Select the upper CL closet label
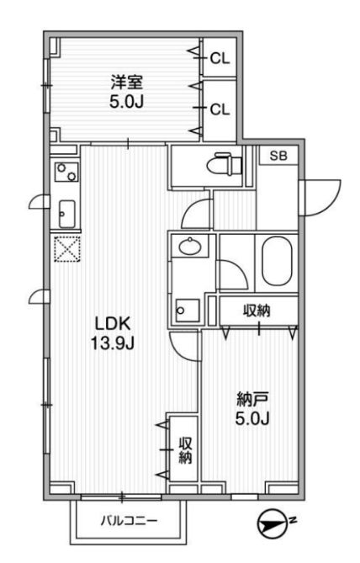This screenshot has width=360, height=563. point(220,58)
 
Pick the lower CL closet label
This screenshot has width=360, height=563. point(220,108)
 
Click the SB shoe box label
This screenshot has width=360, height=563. point(277,156)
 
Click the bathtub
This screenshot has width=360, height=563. point(278,261)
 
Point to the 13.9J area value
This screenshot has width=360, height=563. point(110,343)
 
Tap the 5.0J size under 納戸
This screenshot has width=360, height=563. point(251,419)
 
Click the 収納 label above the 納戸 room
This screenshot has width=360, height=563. point(257,311)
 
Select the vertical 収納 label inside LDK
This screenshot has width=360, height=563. point(185,450)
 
